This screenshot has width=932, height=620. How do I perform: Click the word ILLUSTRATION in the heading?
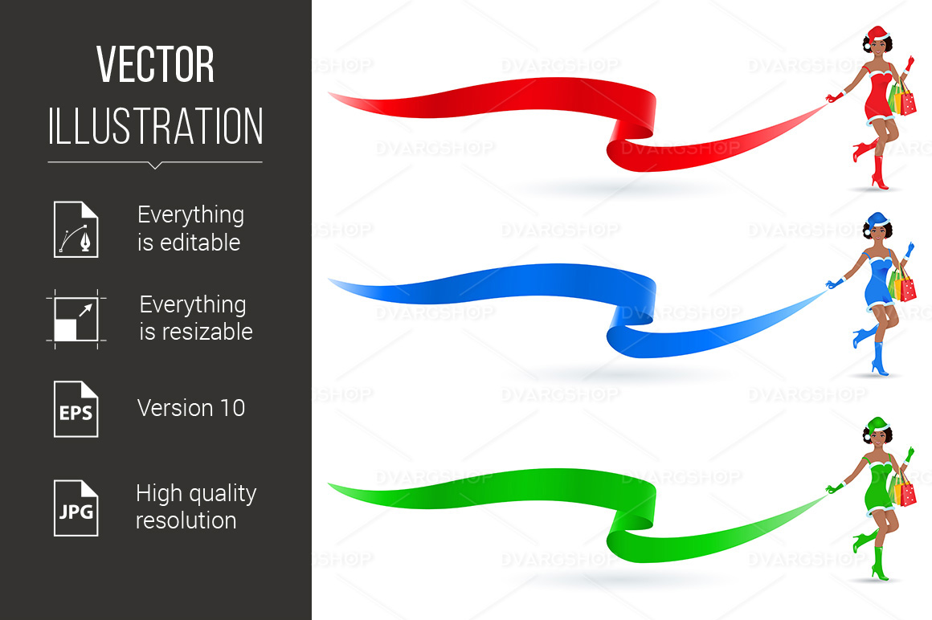(x=155, y=125)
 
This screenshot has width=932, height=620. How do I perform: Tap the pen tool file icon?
(x=76, y=229)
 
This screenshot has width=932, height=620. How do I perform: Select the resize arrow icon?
(x=76, y=319)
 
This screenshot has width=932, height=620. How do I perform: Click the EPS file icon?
(x=76, y=409)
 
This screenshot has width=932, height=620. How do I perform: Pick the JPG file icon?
(x=76, y=508)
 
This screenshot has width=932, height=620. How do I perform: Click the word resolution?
(x=186, y=520)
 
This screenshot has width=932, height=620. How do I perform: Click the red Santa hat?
(x=877, y=35)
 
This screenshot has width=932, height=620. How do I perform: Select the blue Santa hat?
(x=877, y=221)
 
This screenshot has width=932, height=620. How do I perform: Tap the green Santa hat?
(x=877, y=426)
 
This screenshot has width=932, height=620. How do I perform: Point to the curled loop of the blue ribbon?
(x=633, y=320)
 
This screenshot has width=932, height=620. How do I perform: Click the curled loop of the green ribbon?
(x=633, y=524)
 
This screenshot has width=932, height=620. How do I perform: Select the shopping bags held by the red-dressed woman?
(x=902, y=99)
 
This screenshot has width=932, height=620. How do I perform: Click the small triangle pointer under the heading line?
(x=155, y=165)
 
